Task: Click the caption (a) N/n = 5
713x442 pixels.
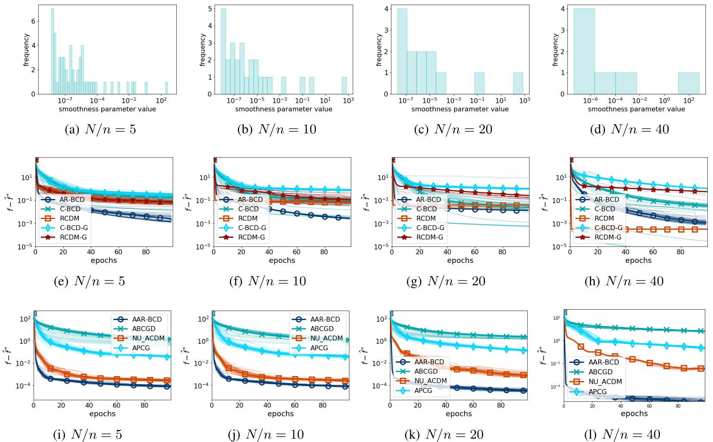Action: (x=100, y=129)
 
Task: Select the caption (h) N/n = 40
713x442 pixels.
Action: (x=624, y=281)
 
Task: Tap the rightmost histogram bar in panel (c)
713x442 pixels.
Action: (x=518, y=83)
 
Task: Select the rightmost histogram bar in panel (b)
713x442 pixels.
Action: (x=344, y=85)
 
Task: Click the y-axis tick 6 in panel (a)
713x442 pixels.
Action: (x=33, y=21)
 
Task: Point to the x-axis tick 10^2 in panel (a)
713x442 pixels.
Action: (x=161, y=100)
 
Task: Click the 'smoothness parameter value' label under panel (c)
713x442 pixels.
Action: (x=460, y=109)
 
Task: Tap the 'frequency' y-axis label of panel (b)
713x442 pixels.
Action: (x=202, y=50)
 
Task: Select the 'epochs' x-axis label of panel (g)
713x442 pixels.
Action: (x=460, y=260)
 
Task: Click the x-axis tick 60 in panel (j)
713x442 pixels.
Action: (x=295, y=405)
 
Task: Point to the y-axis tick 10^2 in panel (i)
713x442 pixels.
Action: (x=25, y=319)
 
